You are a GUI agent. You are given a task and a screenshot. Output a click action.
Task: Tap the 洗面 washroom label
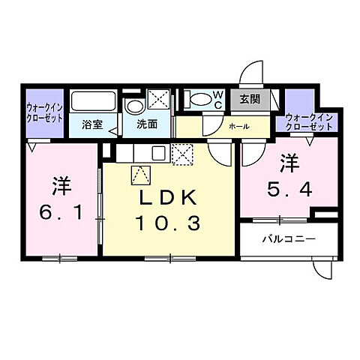click(x=146, y=125)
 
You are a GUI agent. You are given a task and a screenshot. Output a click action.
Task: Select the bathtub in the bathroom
click(x=94, y=101)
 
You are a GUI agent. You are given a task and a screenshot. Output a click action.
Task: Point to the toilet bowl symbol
click(x=199, y=98)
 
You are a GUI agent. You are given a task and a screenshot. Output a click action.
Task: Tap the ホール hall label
click(x=239, y=126)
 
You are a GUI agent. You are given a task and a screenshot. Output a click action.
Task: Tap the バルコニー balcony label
click(x=288, y=240)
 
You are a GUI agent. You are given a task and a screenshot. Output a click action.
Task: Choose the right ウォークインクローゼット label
click(x=309, y=122)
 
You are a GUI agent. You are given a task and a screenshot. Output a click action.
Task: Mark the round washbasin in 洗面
click(x=134, y=106)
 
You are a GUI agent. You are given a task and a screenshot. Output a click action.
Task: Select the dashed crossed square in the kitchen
click(x=182, y=154)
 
